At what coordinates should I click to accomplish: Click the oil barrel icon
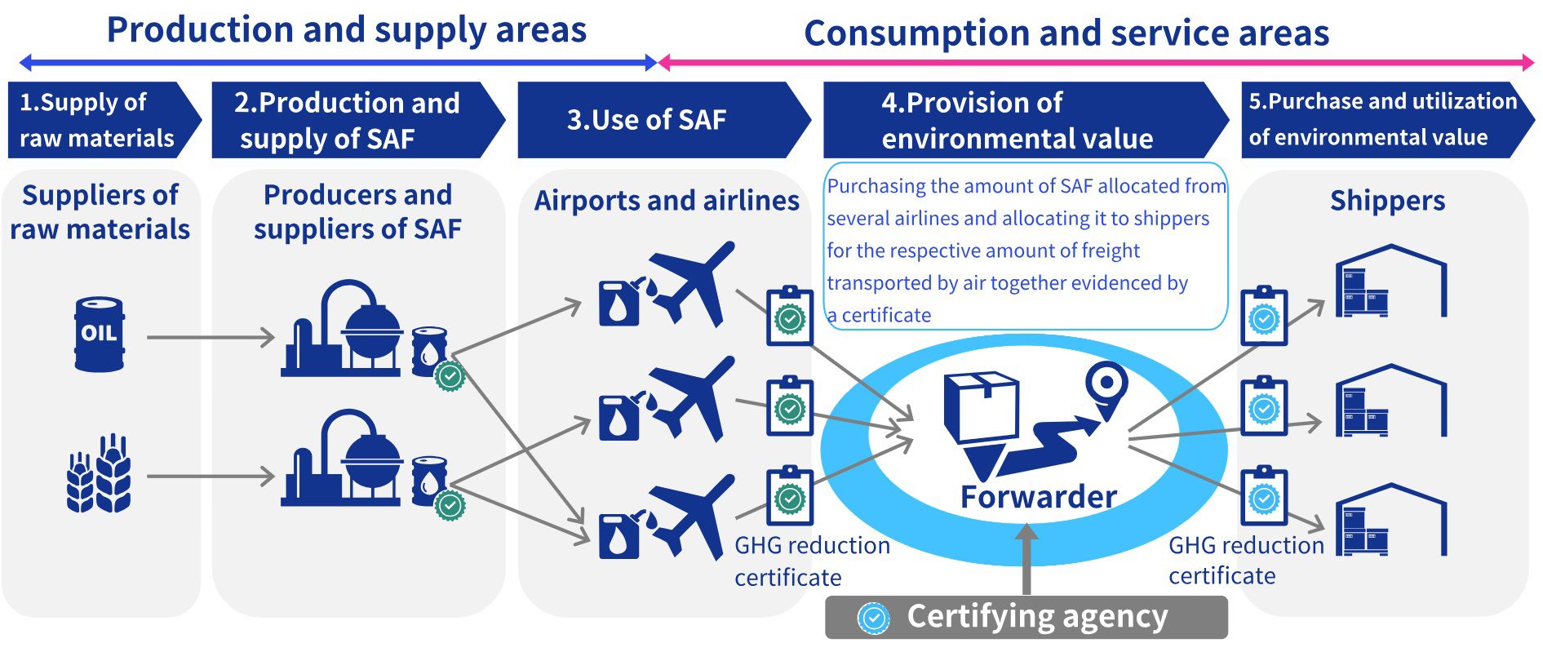coord(100,335)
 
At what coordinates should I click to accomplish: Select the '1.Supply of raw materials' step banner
coord(104,120)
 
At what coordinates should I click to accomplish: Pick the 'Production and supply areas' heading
coord(347,30)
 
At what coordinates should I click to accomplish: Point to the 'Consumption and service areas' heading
coord(1066,33)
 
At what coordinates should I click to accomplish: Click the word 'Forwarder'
coord(1038,496)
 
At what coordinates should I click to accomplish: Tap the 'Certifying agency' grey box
coord(1026,617)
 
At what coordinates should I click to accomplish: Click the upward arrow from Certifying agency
coord(1026,559)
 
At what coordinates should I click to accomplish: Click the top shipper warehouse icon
coord(1391,281)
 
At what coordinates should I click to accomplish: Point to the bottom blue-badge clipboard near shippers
coord(1264,495)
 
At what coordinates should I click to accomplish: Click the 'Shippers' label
coord(1387,200)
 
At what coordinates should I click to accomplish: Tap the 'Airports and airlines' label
coord(667,200)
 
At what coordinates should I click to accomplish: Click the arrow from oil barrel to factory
coord(211,337)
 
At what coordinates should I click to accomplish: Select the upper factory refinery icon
coord(342,328)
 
